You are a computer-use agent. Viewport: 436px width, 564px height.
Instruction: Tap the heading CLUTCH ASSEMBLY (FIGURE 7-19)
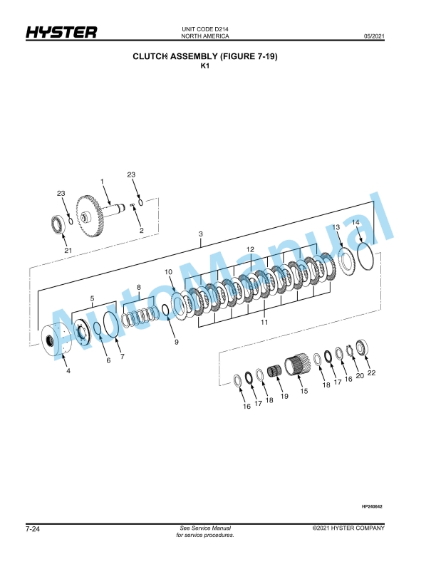click(204, 56)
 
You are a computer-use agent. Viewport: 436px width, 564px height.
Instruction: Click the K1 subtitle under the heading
click(204, 66)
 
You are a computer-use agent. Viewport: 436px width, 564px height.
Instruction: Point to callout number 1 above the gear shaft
click(102, 182)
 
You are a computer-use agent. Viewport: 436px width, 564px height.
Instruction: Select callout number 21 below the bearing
click(68, 250)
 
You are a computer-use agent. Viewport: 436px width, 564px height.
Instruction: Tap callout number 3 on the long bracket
click(201, 234)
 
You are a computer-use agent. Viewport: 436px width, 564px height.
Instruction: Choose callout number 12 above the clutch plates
click(250, 249)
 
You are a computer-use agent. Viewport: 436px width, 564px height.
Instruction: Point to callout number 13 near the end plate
click(336, 227)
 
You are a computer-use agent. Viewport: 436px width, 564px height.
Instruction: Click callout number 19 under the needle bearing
click(284, 397)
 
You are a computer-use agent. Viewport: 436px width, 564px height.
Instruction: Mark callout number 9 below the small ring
click(175, 342)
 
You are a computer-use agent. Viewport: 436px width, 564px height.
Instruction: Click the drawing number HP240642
click(372, 506)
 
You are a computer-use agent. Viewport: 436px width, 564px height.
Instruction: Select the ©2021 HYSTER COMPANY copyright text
click(348, 528)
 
